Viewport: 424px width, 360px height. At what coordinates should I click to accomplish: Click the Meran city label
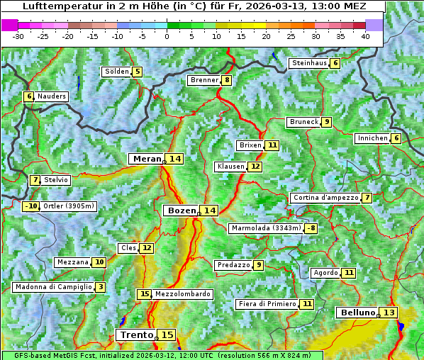(147, 159)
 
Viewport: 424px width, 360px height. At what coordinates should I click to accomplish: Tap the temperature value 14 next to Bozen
(209, 210)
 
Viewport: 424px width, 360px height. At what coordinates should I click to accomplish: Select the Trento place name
(137, 334)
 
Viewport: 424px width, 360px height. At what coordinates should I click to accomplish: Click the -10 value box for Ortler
(30, 206)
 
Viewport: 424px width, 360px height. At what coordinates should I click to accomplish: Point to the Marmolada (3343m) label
(265, 228)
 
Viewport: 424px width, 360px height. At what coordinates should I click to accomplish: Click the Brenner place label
(204, 80)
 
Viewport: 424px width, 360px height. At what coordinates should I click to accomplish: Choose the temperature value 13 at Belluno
(389, 313)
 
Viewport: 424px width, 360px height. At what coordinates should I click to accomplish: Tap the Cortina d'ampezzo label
(325, 198)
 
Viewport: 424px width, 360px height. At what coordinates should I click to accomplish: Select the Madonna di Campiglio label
(53, 287)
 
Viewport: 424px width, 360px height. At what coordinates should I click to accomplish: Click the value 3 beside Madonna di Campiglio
(101, 287)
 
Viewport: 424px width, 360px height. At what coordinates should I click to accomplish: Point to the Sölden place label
(116, 72)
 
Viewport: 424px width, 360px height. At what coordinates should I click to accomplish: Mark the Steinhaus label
(309, 63)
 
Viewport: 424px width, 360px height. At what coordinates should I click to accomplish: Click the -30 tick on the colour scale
(18, 35)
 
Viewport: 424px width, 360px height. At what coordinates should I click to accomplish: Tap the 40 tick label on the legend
(365, 35)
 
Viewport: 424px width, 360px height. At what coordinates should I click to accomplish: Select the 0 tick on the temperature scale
(167, 35)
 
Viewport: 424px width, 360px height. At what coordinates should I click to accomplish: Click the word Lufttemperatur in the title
(55, 6)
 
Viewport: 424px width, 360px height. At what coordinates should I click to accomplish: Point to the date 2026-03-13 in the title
(286, 6)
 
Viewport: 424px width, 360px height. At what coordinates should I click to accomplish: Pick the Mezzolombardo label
(182, 294)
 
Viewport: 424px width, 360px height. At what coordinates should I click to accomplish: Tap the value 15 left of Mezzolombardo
(145, 294)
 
